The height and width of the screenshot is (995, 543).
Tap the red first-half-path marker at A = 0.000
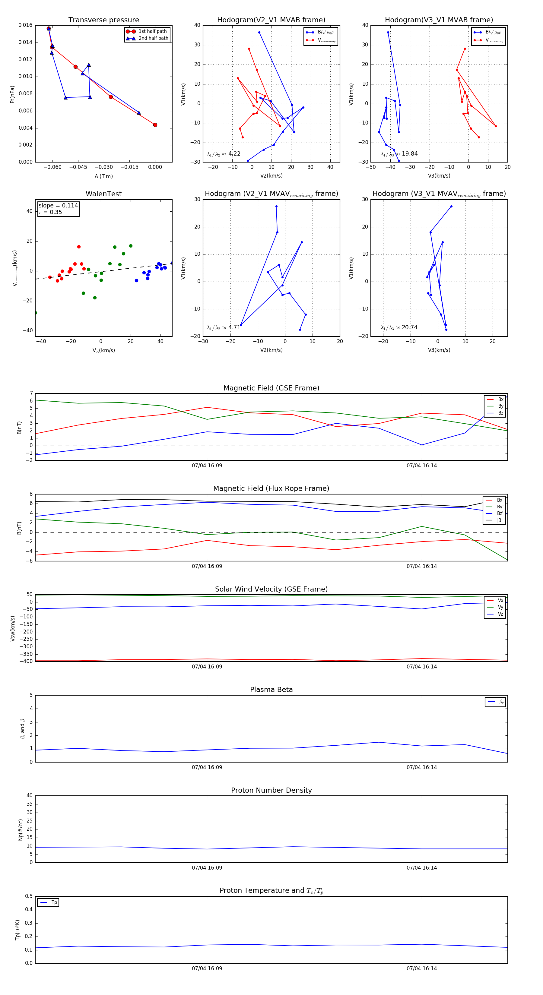tap(155, 125)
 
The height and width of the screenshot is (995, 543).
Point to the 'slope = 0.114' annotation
tap(58, 206)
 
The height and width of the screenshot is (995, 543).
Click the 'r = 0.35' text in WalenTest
tap(50, 212)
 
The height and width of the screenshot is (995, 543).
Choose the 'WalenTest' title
tap(103, 194)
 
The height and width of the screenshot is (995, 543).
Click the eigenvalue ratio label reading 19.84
tap(399, 154)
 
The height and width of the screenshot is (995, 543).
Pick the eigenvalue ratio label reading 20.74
tap(399, 327)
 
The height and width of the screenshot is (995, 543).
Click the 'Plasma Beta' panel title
tap(271, 690)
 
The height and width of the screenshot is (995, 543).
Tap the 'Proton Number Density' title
tap(271, 790)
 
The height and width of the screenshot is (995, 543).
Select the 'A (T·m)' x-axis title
tap(103, 176)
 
